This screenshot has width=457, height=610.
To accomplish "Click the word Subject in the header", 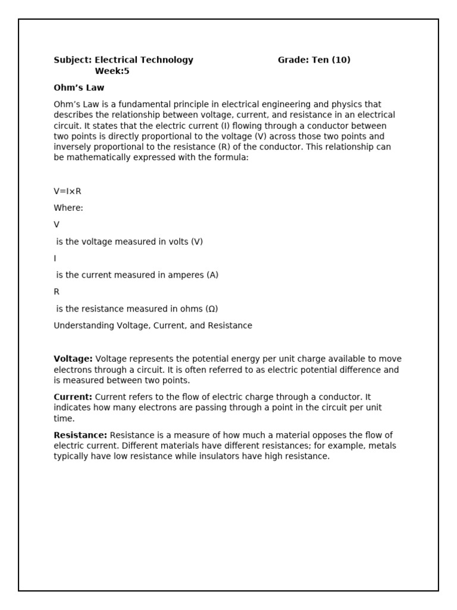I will [72, 60].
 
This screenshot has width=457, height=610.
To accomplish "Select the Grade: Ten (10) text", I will [314, 60].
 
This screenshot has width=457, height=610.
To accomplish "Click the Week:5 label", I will [112, 71].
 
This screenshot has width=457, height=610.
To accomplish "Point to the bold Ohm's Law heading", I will [79, 88].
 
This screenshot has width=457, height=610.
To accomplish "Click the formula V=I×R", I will [67, 191].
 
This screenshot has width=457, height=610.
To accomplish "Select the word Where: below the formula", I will [68, 208].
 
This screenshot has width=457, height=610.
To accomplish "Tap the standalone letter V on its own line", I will [57, 225].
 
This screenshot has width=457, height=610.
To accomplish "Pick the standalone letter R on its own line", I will [57, 292].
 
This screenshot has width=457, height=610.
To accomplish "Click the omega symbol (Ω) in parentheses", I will [211, 309].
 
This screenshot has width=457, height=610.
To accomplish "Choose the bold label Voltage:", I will [73, 359].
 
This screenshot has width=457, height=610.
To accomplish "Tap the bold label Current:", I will [73, 397].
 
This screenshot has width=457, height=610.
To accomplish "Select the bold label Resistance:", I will [80, 435].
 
